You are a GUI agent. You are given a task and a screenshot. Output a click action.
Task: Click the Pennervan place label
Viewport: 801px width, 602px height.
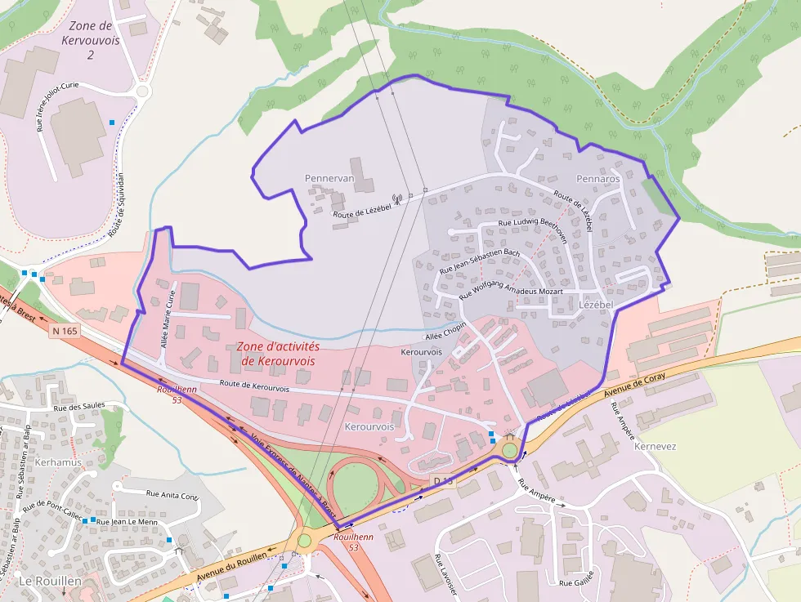[329, 178]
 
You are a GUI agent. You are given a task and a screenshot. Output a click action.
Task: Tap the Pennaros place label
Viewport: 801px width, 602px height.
[598, 178]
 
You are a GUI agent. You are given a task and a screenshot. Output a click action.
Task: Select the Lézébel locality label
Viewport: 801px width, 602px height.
[596, 304]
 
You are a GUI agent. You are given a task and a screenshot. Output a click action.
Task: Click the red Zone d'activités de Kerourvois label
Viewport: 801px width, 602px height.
[279, 353]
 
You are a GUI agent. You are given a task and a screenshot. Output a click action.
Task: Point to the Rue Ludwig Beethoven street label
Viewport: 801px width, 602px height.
[532, 227]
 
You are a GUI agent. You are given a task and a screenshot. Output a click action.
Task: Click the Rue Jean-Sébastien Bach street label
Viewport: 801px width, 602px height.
[480, 261]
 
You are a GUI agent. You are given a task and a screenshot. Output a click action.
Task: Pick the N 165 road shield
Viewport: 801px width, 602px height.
[65, 331]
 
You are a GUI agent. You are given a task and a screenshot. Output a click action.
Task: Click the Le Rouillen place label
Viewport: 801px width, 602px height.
[49, 581]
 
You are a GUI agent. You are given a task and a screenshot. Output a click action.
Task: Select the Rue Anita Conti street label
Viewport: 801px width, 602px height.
[172, 495]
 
